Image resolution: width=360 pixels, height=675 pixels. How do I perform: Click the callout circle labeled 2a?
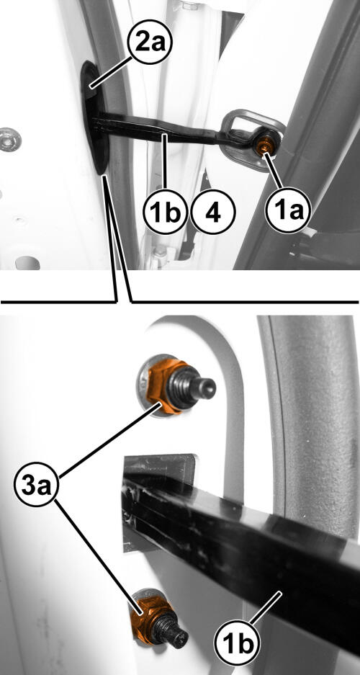[x=150, y=45]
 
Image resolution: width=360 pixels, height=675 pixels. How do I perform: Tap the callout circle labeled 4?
[x=213, y=213]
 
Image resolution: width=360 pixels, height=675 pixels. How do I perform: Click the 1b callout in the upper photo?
[x=166, y=213]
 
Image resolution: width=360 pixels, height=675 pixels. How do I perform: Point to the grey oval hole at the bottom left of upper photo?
[x=27, y=262]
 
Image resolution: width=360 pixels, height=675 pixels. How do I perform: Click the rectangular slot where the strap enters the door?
[x=159, y=504]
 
